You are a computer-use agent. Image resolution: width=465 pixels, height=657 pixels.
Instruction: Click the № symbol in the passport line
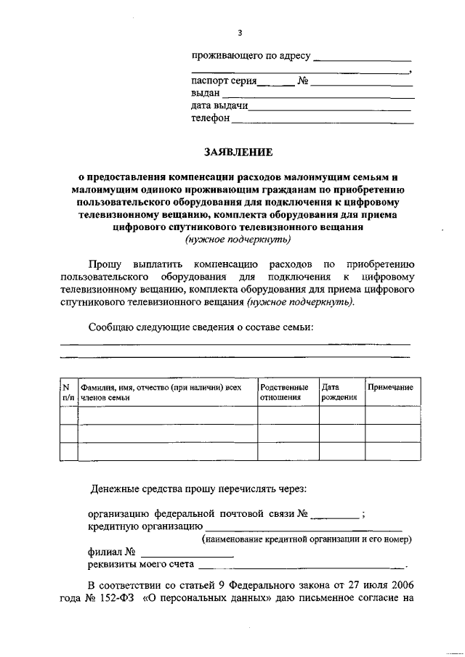point(304,81)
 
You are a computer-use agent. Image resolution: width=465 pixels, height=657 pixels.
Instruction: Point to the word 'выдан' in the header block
point(206,94)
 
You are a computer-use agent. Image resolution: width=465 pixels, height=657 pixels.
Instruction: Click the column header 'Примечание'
point(391,388)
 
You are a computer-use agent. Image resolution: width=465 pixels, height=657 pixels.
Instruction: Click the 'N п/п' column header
point(68,393)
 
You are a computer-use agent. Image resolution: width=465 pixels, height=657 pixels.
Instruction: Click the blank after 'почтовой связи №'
point(334,515)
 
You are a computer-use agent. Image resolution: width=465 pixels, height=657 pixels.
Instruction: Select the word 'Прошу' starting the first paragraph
point(105,264)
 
